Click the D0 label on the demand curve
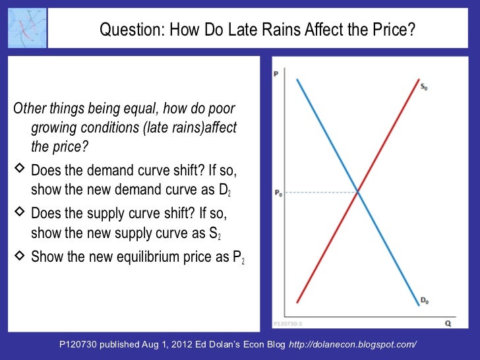pos(425,300)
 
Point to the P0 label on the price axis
pos(278,193)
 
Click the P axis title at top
pos(276,74)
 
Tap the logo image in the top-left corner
pos(27,28)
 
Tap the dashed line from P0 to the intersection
pos(320,193)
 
